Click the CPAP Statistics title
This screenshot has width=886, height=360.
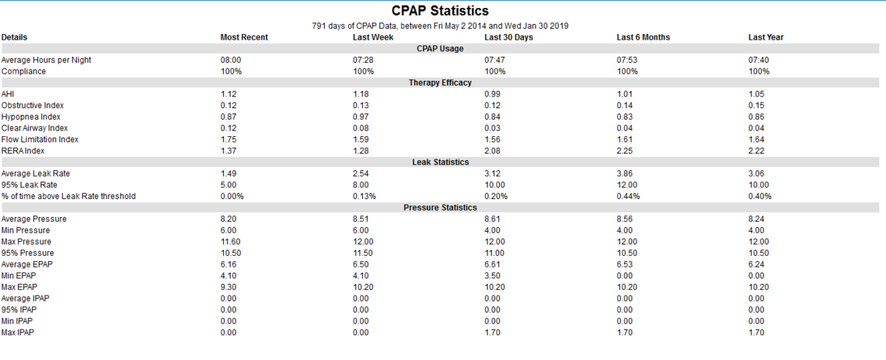(440, 11)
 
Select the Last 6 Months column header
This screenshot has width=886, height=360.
(643, 37)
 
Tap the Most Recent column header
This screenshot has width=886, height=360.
(244, 37)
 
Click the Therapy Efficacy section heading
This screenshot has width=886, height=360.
(440, 82)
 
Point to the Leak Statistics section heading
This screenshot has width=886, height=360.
(440, 163)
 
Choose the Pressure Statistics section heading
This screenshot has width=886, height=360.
(440, 208)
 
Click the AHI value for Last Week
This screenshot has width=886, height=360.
(361, 94)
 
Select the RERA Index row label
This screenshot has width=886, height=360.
(23, 151)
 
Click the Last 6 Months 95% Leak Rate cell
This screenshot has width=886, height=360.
(626, 185)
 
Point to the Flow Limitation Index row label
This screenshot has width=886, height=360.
(40, 140)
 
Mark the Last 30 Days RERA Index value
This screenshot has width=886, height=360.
(492, 151)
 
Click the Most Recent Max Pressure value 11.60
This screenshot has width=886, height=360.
(230, 242)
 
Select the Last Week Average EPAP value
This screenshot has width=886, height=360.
(361, 264)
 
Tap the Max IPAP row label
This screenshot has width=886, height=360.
(17, 332)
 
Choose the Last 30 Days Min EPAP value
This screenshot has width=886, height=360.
(492, 276)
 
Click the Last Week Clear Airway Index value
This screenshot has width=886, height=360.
(361, 128)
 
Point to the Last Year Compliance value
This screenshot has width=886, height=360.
(759, 72)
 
